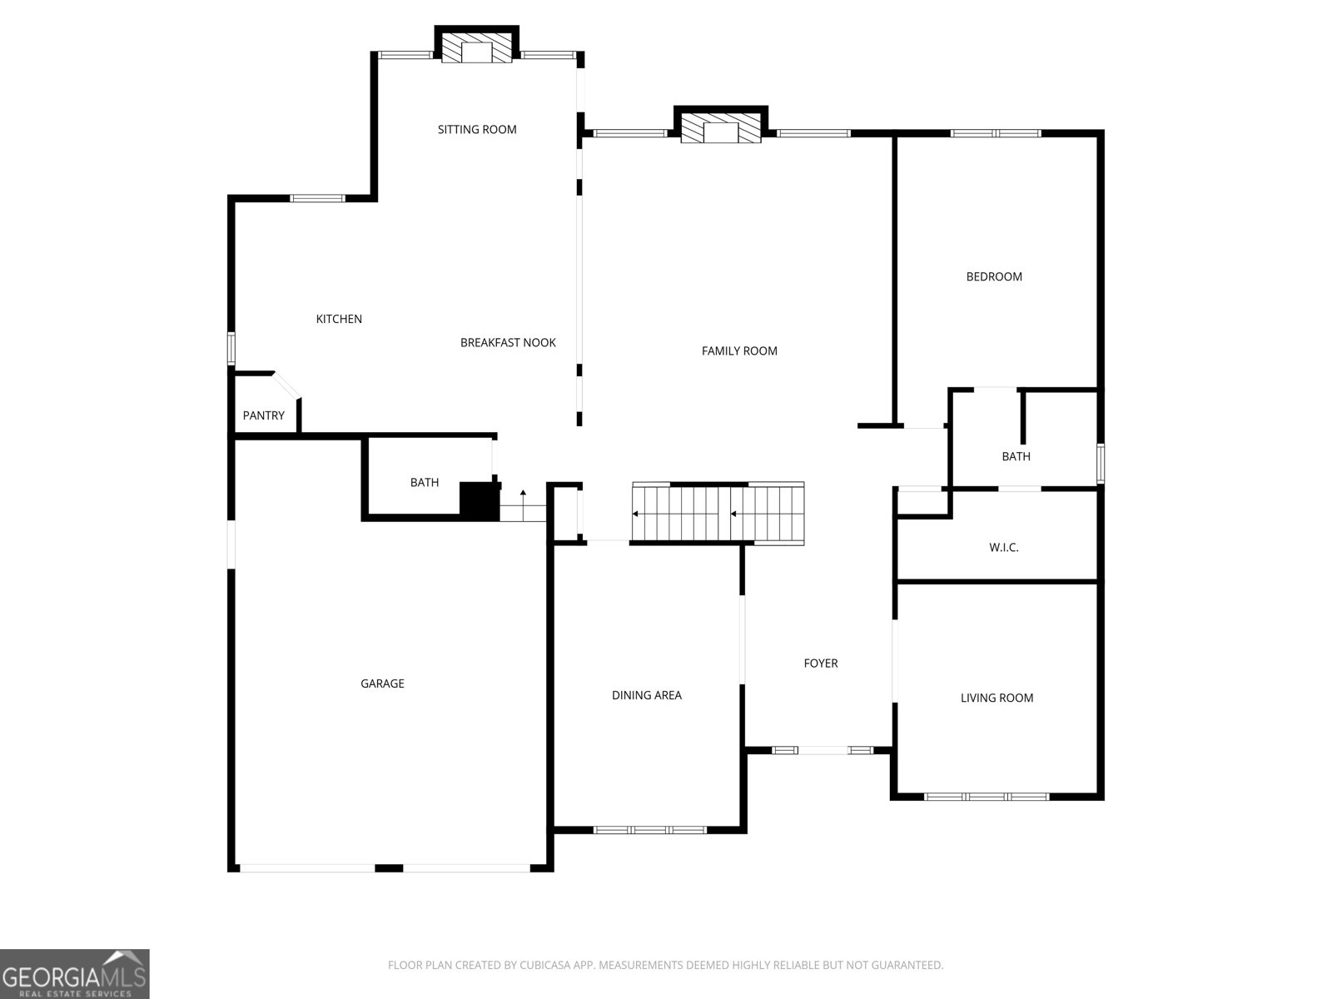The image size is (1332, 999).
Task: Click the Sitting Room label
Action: tap(477, 129)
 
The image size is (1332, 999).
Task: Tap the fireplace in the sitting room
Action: tap(477, 48)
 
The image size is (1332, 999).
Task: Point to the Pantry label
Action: tap(263, 415)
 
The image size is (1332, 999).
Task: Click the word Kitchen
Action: tap(339, 319)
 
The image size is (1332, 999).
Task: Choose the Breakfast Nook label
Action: tap(508, 342)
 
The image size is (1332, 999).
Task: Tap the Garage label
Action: tap(382, 683)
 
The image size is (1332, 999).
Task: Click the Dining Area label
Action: tap(646, 695)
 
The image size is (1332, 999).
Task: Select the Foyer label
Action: tap(820, 664)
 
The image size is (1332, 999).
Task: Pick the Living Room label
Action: tap(997, 698)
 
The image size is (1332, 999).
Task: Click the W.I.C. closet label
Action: tap(1003, 547)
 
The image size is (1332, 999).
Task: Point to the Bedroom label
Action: tap(994, 276)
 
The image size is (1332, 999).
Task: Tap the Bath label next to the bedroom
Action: tap(1016, 456)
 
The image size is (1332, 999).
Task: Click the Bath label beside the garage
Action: tap(424, 482)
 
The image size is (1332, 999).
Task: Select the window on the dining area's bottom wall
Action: tap(649, 830)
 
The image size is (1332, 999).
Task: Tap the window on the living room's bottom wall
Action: tap(987, 797)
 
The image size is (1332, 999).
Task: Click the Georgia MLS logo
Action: tap(74, 974)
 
